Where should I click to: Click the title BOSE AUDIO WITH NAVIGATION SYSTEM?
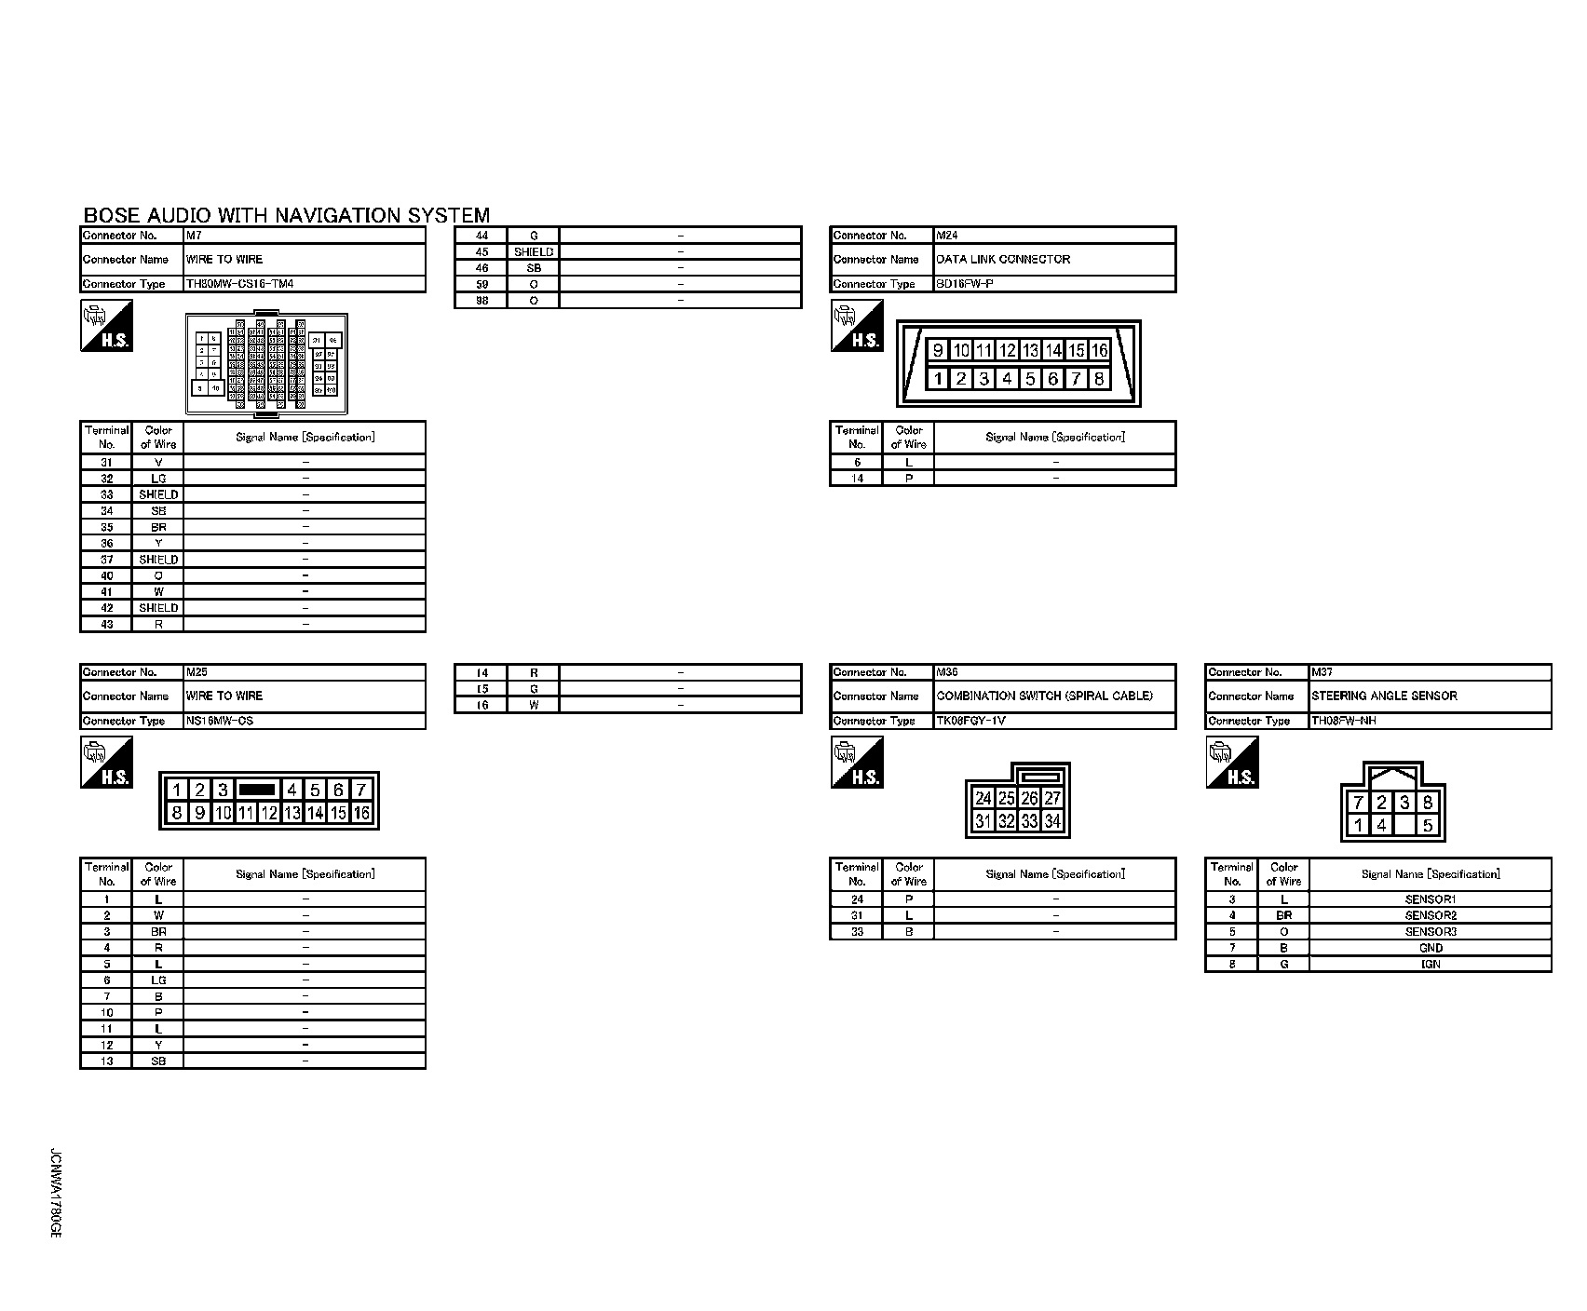286,216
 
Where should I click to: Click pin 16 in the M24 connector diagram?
1099,350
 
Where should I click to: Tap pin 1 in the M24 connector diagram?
938,379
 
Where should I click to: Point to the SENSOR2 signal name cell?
1431,915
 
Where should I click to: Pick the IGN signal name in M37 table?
1431,964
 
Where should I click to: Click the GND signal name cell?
1431,948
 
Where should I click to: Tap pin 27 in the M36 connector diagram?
1052,798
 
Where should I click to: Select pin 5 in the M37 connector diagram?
1427,825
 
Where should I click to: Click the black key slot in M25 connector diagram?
257,790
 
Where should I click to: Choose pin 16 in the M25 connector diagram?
361,813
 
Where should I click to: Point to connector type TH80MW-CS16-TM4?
240,284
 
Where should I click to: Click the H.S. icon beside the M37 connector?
1232,763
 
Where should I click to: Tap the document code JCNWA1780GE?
55,1193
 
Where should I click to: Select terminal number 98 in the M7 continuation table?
482,301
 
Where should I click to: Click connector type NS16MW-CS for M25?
220,721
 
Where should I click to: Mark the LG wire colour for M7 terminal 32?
158,479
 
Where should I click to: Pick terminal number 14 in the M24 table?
857,479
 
